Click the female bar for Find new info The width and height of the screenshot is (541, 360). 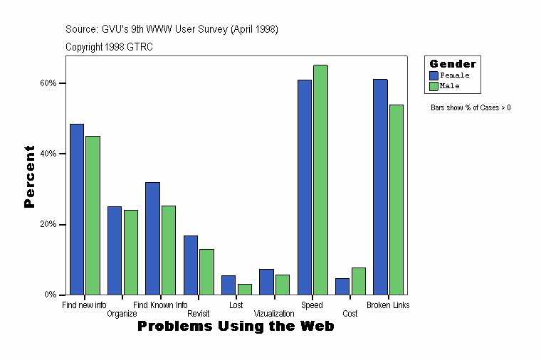coord(77,209)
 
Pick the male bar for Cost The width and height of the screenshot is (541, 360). coord(358,281)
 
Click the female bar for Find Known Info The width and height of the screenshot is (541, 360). coord(152,238)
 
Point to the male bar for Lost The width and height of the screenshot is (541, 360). coord(244,289)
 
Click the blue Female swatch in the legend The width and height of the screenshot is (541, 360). coord(434,75)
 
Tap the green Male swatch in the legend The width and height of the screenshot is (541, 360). coord(434,86)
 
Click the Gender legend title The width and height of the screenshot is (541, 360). coord(453,64)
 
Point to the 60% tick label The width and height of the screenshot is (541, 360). coord(48,83)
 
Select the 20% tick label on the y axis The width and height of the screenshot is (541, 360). coord(48,224)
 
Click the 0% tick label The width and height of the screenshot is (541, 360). coord(50,295)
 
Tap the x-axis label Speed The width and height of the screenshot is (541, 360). coord(312,305)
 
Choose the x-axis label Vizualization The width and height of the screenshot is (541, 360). coord(274,313)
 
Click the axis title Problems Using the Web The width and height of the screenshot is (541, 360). coord(236,327)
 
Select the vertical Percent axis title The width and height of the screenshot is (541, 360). coord(29,176)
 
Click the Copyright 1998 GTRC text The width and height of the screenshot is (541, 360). coord(109,47)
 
